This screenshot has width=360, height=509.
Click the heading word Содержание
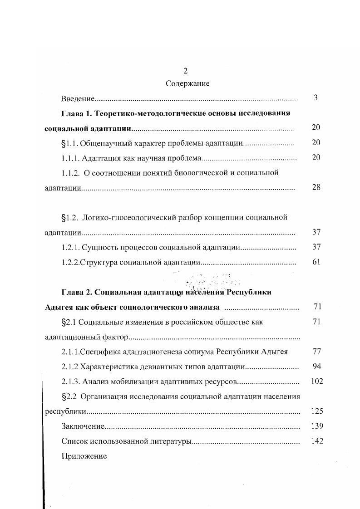[x=187, y=83]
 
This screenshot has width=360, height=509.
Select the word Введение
[x=78, y=98]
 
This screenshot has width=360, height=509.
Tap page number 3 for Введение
[x=316, y=98]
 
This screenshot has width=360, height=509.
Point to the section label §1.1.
[x=69, y=143]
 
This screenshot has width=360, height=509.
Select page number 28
[x=316, y=187]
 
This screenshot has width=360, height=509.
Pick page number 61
[x=316, y=262]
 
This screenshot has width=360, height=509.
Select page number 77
[x=316, y=351]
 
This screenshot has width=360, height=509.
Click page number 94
[x=316, y=366]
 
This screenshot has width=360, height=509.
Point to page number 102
[x=316, y=381]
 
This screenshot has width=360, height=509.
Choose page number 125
[x=316, y=411]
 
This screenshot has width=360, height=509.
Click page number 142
[x=316, y=440]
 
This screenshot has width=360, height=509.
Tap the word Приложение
[x=84, y=456]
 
